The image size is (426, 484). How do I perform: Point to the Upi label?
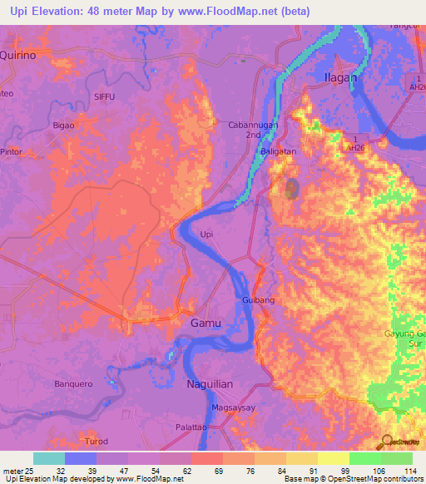click(207, 235)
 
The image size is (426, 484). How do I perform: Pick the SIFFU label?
click(104, 97)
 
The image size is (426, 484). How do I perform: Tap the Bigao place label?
click(63, 125)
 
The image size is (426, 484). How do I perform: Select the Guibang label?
click(258, 298)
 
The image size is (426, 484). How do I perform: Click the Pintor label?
click(12, 154)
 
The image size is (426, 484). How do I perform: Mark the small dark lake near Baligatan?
click(291, 189)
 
